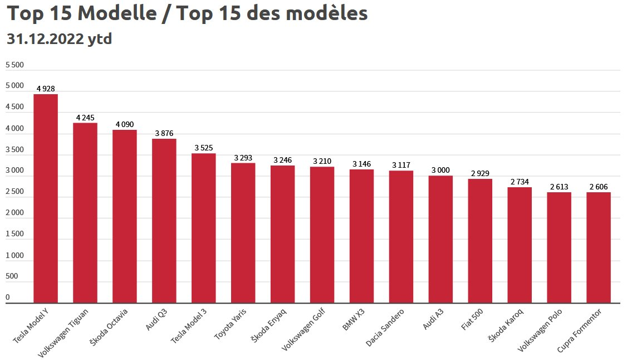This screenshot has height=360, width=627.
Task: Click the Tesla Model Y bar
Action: tap(46, 198)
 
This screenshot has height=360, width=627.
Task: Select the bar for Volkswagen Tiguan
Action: tap(85, 213)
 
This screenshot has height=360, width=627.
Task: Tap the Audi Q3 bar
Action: tap(164, 221)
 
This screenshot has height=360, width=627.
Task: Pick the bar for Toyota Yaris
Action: tap(243, 233)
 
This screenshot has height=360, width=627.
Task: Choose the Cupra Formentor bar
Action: tap(599, 247)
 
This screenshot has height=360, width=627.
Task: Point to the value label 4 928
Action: tap(46, 89)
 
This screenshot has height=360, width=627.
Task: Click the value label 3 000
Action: tap(440, 170)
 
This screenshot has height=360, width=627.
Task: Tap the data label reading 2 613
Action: tap(559, 187)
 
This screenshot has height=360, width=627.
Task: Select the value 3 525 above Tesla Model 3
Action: tap(204, 148)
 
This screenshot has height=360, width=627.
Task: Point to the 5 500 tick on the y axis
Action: tap(14, 65)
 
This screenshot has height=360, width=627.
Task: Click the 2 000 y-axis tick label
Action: tap(14, 213)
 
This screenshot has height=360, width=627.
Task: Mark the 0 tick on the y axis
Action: tap(8, 298)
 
